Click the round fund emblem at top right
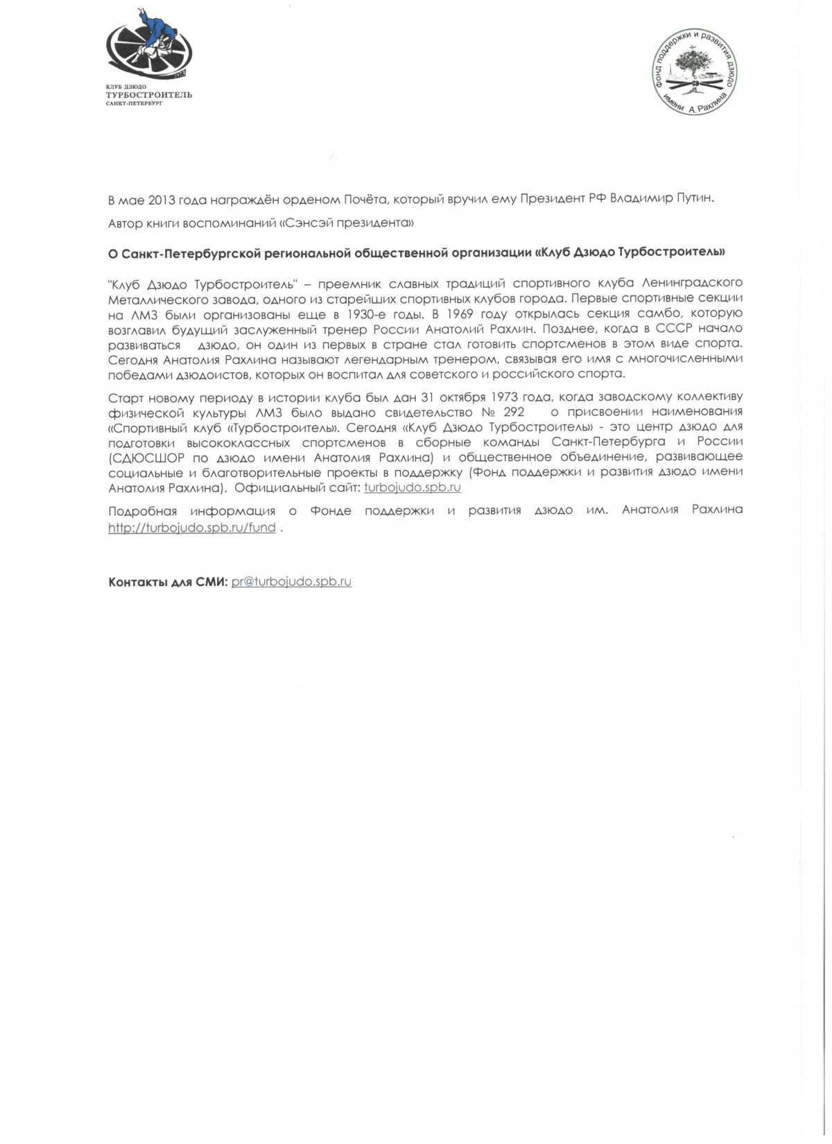click(696, 72)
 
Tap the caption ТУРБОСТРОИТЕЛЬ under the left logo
click(149, 95)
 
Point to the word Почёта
click(361, 200)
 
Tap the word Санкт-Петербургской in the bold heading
click(191, 254)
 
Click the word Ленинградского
click(692, 283)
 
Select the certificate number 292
click(514, 412)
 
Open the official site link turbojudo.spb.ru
click(413, 487)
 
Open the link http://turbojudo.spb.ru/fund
click(192, 528)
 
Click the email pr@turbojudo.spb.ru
click(291, 582)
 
